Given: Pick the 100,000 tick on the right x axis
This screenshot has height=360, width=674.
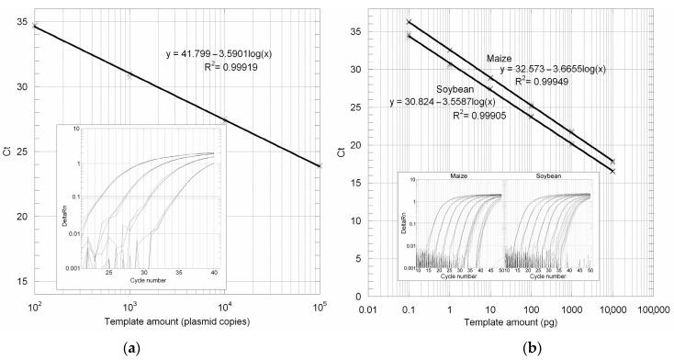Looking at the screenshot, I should [x=652, y=307].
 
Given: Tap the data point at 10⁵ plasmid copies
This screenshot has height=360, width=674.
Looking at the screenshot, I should [x=319, y=165].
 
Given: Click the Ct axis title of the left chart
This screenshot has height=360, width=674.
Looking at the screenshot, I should [x=8, y=152].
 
